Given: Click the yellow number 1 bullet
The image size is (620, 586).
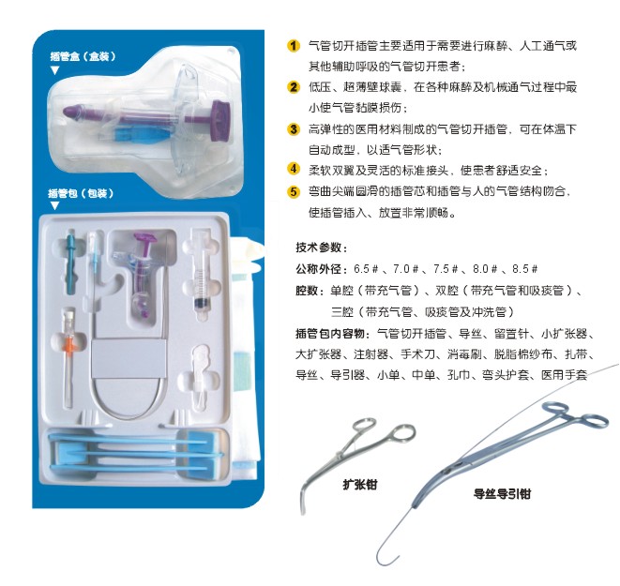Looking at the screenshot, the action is point(293,46).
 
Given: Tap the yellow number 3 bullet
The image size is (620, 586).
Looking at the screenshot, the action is point(293,128).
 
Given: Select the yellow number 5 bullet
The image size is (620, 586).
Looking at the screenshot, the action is point(293,191).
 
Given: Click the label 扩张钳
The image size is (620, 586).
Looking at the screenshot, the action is point(360,485).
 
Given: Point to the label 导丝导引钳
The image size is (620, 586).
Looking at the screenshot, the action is point(502,494).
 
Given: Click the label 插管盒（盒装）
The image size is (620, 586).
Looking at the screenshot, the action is point(83,56).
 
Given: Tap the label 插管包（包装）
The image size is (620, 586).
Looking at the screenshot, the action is point(81,193).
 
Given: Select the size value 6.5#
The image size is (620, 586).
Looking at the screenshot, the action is point(366,269).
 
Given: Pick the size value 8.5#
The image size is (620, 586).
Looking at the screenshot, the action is point(524,269).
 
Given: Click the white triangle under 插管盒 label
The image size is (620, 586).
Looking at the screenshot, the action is point(55,70).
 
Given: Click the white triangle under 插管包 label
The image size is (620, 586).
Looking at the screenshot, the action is point(55,206).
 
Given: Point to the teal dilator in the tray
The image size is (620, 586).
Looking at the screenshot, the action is point(70,261).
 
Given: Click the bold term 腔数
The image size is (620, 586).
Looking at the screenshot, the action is point(307,291).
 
